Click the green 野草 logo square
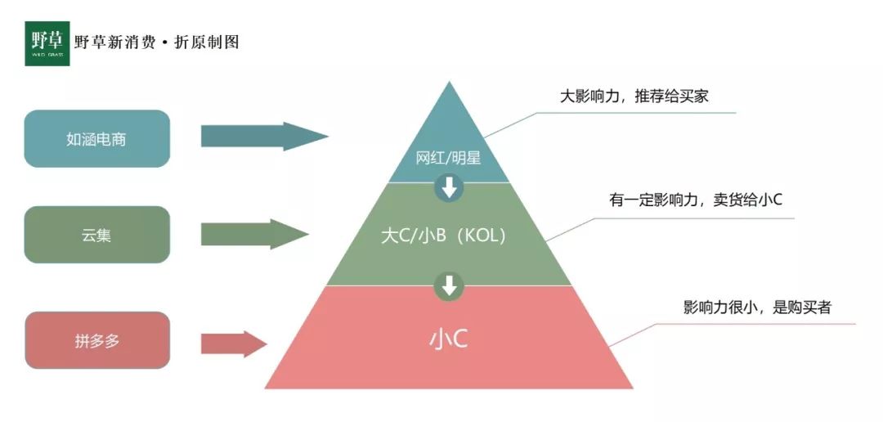[47, 43]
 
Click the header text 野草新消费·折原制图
[156, 43]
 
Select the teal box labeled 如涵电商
[96, 138]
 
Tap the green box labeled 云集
[96, 235]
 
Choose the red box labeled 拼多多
[96, 340]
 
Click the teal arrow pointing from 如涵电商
[265, 137]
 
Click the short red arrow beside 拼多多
[234, 344]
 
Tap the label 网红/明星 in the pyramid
[448, 158]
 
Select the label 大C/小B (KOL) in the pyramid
[443, 236]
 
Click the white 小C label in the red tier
[448, 339]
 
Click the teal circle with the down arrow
[449, 187]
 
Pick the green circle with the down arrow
[449, 286]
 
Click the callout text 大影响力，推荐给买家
[634, 97]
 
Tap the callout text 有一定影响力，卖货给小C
[696, 200]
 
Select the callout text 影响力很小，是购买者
[757, 308]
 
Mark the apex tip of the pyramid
[449, 82]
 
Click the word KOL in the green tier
[481, 236]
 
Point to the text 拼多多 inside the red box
[96, 341]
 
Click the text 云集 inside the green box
[96, 235]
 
